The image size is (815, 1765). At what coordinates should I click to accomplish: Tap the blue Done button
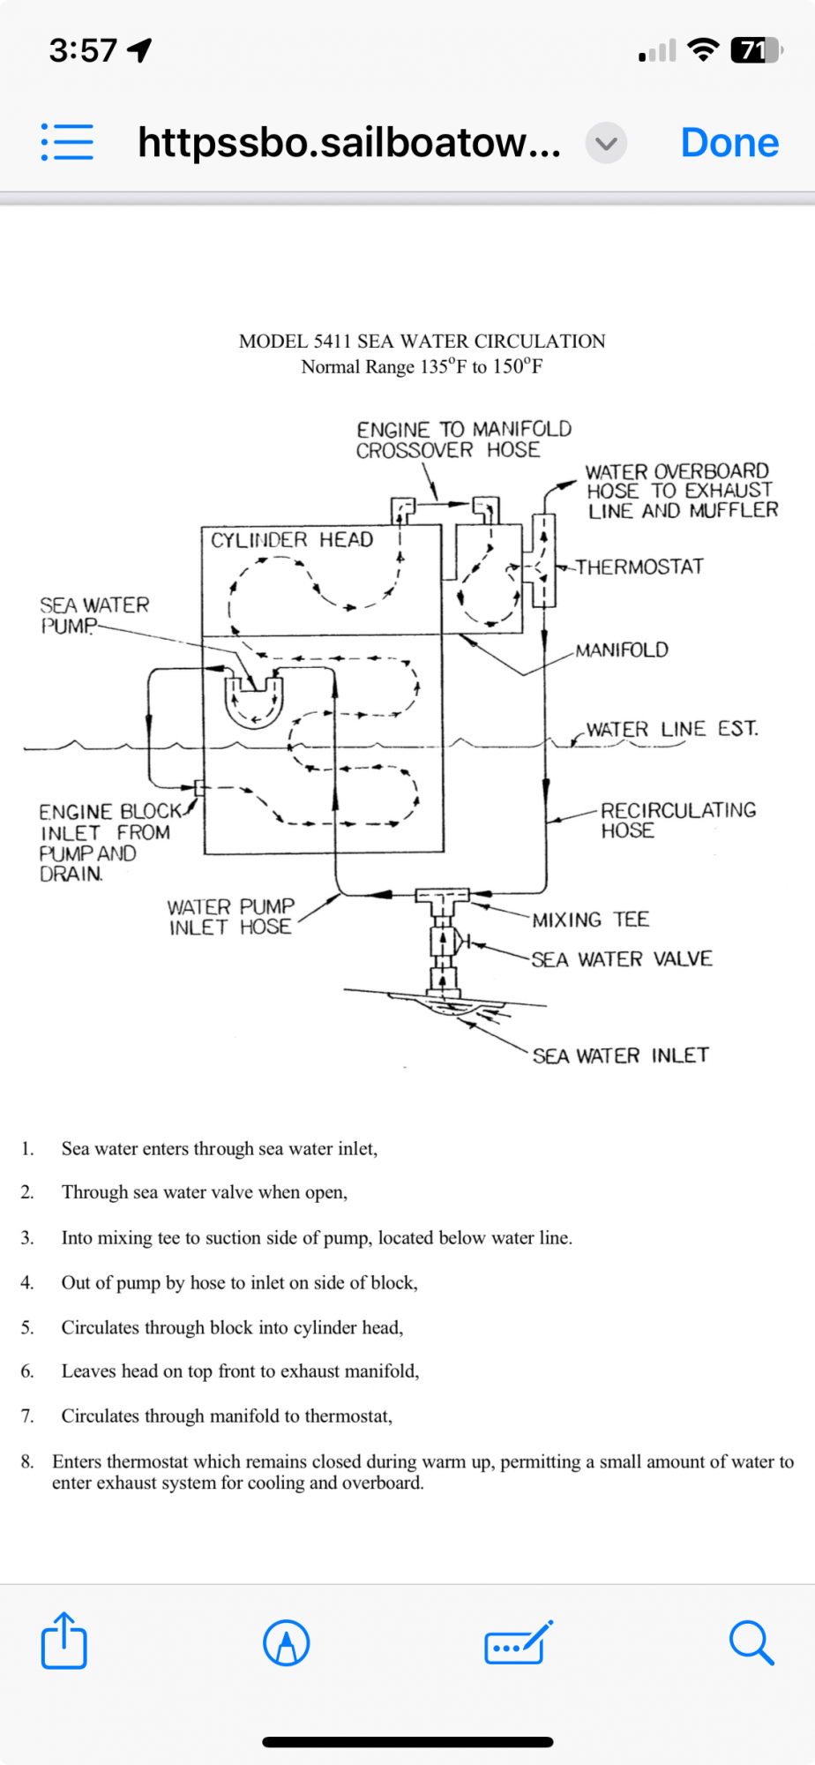pos(729,142)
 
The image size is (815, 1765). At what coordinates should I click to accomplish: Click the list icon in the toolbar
pos(67,142)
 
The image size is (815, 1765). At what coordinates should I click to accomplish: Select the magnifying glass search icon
pos(751,1642)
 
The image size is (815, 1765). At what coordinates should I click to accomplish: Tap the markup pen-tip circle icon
pos(287,1642)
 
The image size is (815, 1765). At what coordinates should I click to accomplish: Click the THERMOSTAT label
pos(640,567)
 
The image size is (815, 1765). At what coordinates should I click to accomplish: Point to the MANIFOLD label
pos(622,650)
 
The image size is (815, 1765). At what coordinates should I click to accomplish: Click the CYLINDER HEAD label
pos(292,540)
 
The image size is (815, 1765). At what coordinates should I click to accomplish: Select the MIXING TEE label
pos(590,920)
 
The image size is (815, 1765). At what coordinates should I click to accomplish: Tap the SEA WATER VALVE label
pos(622,959)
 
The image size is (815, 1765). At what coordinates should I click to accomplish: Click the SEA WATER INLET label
pos(621,1055)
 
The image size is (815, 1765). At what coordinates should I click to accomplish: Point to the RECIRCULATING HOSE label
pos(678,820)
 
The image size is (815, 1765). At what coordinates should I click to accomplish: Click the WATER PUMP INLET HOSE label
pos(231,917)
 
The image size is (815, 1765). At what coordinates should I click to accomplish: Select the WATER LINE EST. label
pos(672,729)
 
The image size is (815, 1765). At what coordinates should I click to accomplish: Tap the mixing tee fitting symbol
pos(442,900)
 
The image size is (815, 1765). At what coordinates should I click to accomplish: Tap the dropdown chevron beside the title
pos(606,143)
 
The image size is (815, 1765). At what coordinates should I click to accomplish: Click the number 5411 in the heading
pos(331,342)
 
